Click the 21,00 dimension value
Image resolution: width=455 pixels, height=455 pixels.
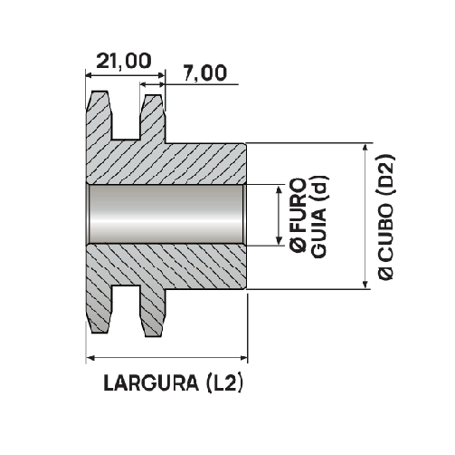click(x=124, y=61)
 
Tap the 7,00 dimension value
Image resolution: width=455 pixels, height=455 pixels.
click(x=204, y=73)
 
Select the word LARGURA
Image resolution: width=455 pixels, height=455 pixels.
click(x=151, y=382)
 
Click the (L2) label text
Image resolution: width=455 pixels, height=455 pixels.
click(x=224, y=382)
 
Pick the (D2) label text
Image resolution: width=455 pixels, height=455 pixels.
click(x=385, y=175)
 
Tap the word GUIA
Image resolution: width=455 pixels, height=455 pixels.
click(x=319, y=233)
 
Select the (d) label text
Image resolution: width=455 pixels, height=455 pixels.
click(x=320, y=189)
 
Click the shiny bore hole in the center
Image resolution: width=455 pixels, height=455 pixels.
click(x=166, y=214)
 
